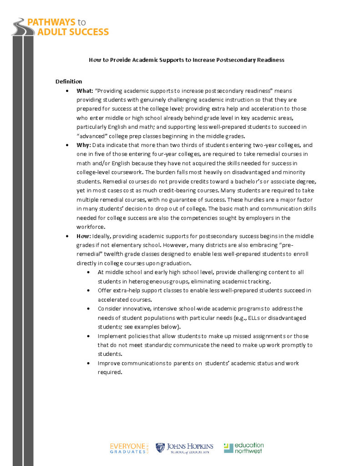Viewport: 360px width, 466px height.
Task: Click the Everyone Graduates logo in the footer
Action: point(129,448)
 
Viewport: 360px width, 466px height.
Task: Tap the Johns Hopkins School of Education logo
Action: point(184,448)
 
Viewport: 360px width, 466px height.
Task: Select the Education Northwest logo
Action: point(243,448)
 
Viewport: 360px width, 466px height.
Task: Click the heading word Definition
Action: point(69,81)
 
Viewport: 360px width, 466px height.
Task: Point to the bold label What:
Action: point(85,91)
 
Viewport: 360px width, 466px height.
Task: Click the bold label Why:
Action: point(84,145)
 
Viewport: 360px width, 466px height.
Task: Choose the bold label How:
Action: point(84,236)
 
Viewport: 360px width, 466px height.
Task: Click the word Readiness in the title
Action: point(269,60)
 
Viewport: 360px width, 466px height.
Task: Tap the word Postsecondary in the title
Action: point(234,60)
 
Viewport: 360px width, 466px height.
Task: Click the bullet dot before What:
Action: point(67,91)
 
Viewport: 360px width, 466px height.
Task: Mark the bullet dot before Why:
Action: point(67,146)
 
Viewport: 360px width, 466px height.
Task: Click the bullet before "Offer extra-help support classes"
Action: point(89,290)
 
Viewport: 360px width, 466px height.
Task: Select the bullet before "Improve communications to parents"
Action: point(89,363)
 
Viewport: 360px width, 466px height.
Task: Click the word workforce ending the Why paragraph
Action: point(91,227)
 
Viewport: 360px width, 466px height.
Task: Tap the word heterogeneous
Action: point(138,281)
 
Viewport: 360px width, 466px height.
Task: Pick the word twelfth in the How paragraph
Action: point(118,254)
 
